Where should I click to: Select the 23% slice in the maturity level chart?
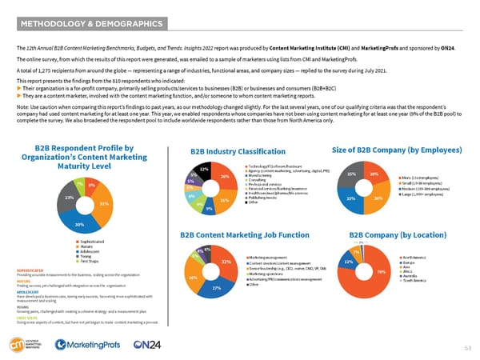click(70, 197)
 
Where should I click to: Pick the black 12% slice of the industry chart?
click(204, 170)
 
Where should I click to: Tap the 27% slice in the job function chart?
click(216, 286)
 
